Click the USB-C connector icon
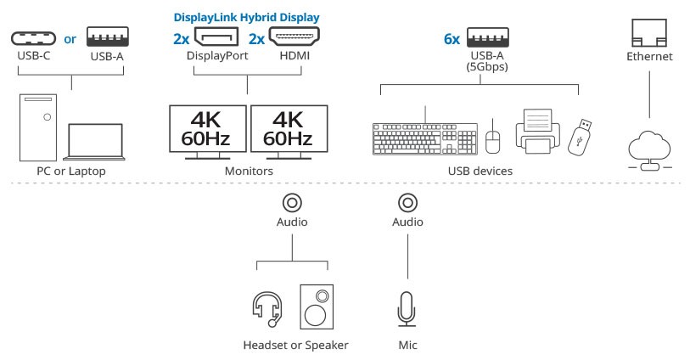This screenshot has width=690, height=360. [33, 39]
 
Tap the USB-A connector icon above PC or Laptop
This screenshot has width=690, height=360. [107, 39]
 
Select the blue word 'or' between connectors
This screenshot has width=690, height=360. [70, 39]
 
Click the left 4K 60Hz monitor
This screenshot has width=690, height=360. [207, 128]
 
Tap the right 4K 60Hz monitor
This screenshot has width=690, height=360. [288, 128]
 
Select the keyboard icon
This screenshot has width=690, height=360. [425, 138]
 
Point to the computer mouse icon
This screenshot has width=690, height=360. [493, 139]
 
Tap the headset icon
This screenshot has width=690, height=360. [266, 308]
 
